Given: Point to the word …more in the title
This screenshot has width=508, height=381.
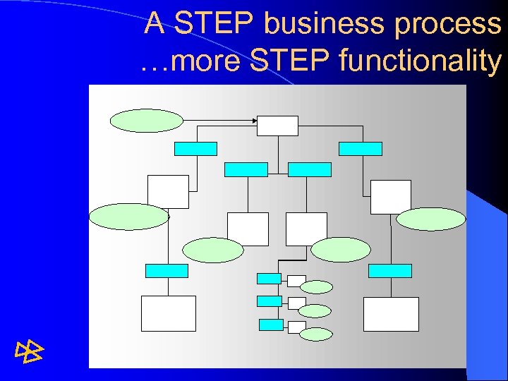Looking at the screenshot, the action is click(181, 61).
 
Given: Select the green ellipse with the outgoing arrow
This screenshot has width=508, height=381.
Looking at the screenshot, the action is click(146, 121).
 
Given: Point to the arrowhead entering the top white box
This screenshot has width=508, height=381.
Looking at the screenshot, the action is click(254, 121).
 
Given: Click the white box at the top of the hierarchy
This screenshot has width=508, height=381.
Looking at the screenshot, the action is click(277, 125).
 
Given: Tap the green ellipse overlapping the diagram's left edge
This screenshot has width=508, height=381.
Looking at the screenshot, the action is click(129, 217).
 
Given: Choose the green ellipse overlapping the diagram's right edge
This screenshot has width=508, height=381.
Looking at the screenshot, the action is click(430, 219).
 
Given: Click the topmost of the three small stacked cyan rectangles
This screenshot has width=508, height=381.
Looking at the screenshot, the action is click(269, 278).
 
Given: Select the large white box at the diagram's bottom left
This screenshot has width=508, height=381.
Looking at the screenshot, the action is click(168, 313).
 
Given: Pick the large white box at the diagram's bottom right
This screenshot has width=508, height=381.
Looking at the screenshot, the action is click(391, 314).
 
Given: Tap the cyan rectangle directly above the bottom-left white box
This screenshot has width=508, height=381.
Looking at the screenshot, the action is click(167, 271).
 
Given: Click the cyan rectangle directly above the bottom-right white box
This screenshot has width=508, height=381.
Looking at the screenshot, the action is click(390, 271).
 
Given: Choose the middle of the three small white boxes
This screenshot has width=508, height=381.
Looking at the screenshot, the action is click(296, 303).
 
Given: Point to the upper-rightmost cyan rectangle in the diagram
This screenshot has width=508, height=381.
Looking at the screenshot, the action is click(361, 148).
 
